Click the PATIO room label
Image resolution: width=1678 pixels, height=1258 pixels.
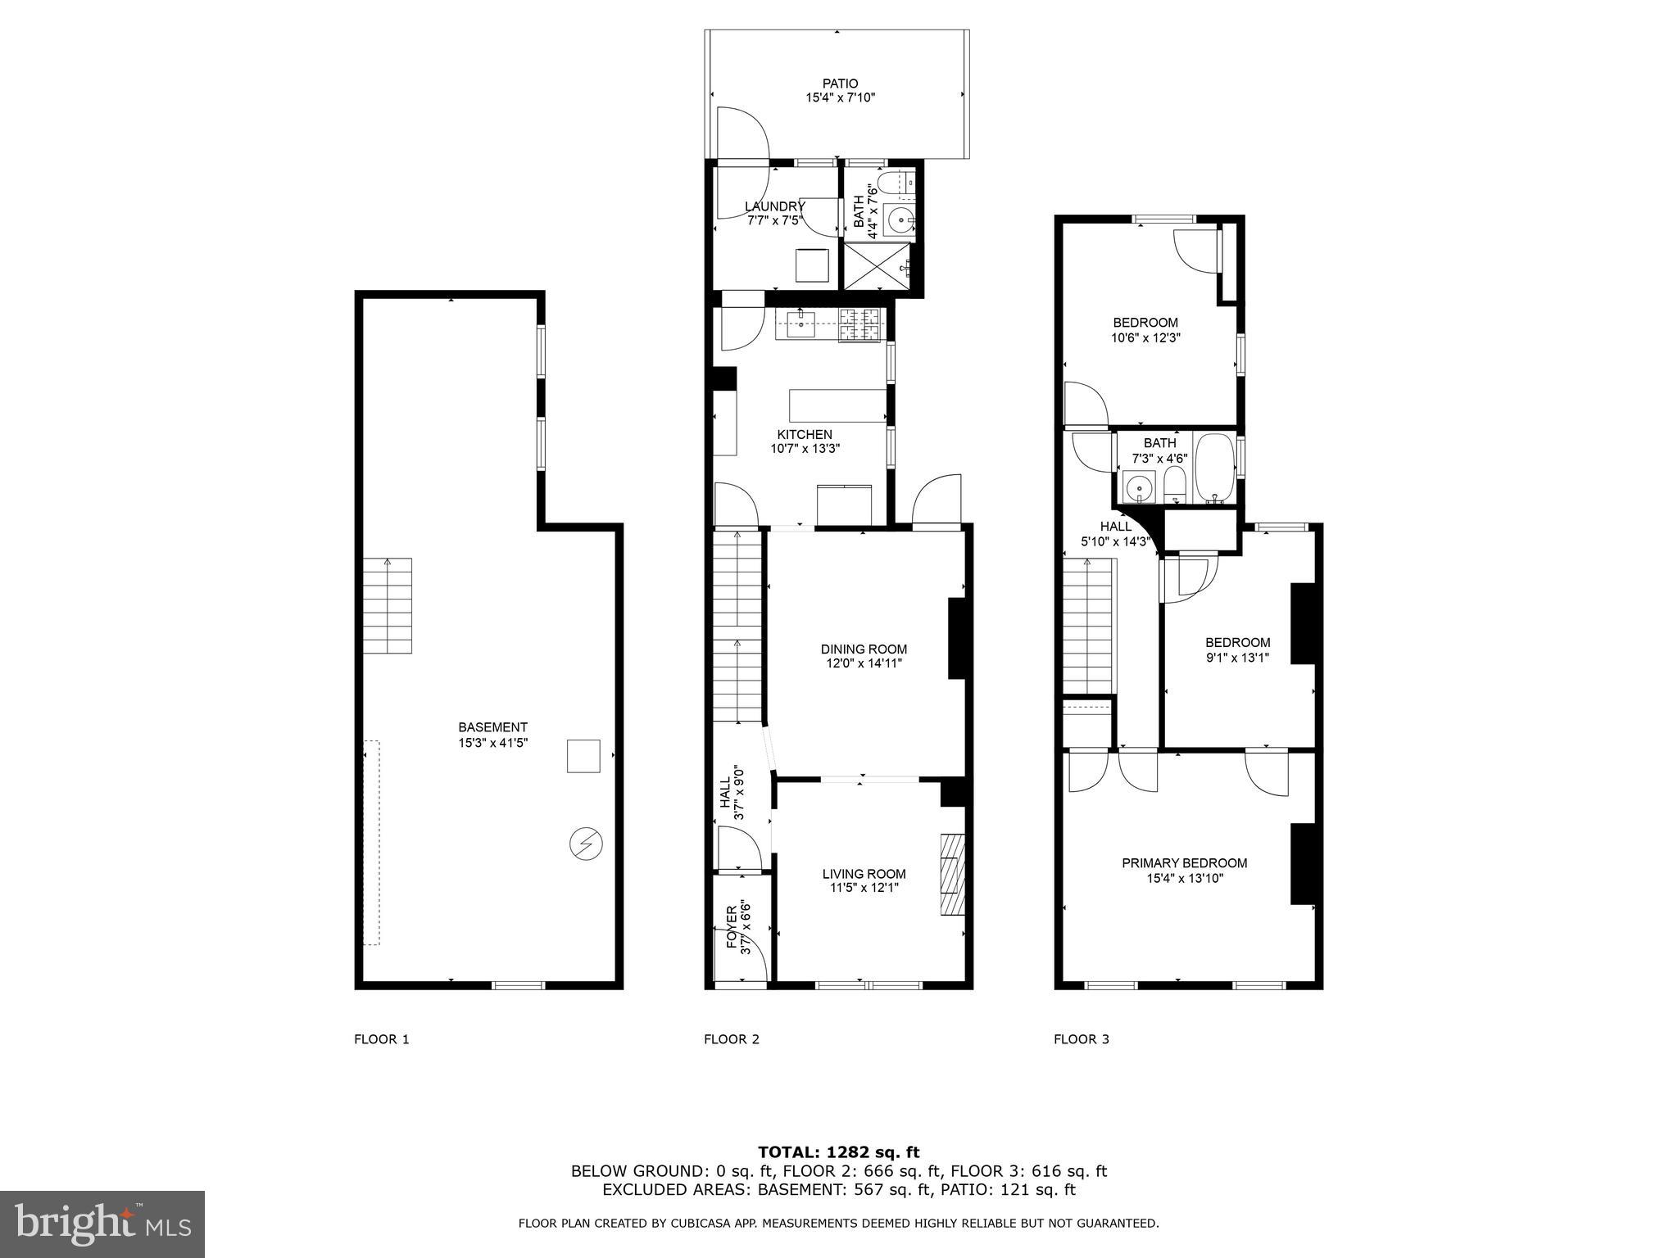click(x=840, y=84)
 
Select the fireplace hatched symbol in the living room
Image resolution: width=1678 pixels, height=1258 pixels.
click(x=952, y=874)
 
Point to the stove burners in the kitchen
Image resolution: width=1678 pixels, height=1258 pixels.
click(x=859, y=324)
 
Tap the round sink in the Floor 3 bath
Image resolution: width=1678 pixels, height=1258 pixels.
click(x=1137, y=490)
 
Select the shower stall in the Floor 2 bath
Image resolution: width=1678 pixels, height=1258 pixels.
click(x=877, y=266)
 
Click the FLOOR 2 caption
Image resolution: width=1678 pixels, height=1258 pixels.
click(x=732, y=1039)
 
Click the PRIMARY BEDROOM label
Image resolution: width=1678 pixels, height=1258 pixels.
click(x=1184, y=863)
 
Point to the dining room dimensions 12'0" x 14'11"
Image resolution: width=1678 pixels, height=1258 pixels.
click(x=864, y=663)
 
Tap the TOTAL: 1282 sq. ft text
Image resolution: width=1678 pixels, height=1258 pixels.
click(x=838, y=1152)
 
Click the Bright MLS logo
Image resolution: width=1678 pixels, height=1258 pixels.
click(x=102, y=1224)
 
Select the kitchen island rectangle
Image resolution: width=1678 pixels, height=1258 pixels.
click(x=837, y=405)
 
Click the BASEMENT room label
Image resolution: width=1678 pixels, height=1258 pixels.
click(x=492, y=727)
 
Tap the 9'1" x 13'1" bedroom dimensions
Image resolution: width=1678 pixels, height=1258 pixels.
click(x=1237, y=657)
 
